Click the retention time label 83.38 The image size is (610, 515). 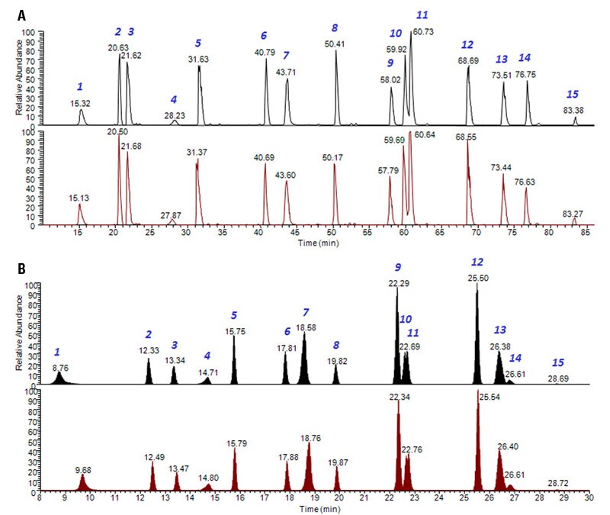tap(573, 111)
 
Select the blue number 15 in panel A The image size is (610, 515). tap(573, 95)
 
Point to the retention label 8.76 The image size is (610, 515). tap(60, 368)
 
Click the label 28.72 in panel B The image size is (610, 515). tap(560, 484)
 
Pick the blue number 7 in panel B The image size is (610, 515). tap(306, 313)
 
